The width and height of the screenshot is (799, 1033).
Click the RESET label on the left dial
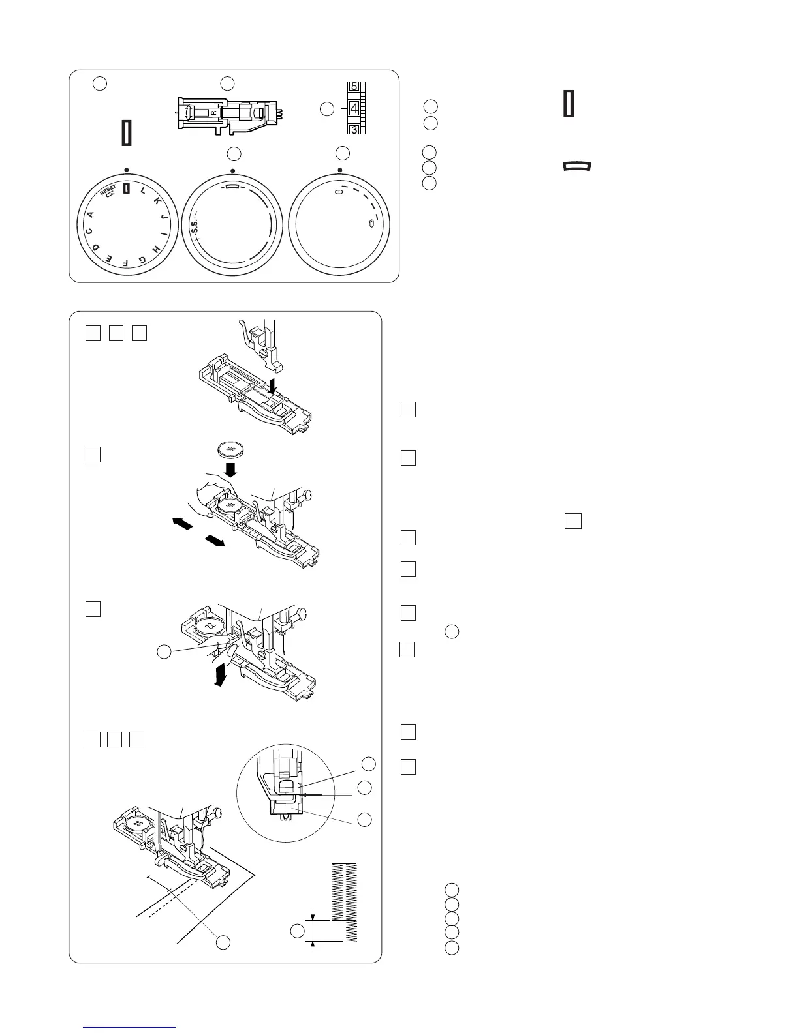[x=108, y=190]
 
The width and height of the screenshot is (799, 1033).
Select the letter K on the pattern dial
[x=157, y=202]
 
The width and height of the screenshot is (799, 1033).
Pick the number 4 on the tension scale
[x=353, y=108]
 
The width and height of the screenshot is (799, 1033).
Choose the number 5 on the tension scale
[x=353, y=87]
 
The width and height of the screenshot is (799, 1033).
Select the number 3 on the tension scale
[x=353, y=130]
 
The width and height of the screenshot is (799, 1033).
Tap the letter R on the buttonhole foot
[x=213, y=113]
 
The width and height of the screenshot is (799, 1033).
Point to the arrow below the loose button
[x=230, y=469]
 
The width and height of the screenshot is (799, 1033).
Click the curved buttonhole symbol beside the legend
[x=576, y=167]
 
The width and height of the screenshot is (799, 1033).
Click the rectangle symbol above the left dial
[x=127, y=132]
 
